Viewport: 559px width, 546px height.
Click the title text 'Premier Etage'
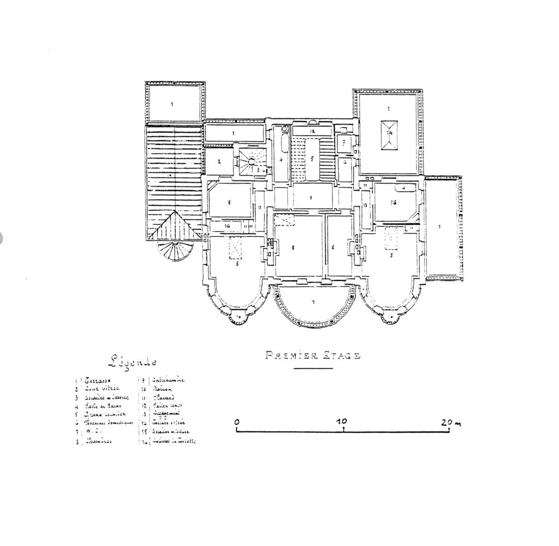pyautogui.click(x=312, y=356)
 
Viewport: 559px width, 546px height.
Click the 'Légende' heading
pyautogui.click(x=132, y=361)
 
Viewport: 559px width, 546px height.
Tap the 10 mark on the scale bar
pyautogui.click(x=342, y=422)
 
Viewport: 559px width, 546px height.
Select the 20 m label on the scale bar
pyautogui.click(x=451, y=422)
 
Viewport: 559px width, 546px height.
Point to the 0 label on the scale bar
pyautogui.click(x=236, y=422)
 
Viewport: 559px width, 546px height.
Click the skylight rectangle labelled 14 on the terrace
pyautogui.click(x=389, y=134)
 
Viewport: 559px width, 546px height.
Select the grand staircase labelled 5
pyautogui.click(x=312, y=159)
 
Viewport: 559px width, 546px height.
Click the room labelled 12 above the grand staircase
pyautogui.click(x=313, y=131)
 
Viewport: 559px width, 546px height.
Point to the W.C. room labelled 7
pyautogui.click(x=344, y=143)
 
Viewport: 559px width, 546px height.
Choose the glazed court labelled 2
pyautogui.click(x=218, y=162)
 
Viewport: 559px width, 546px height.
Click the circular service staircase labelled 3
pyautogui.click(x=251, y=161)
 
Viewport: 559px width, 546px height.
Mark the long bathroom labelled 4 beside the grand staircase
pyautogui.click(x=281, y=160)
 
